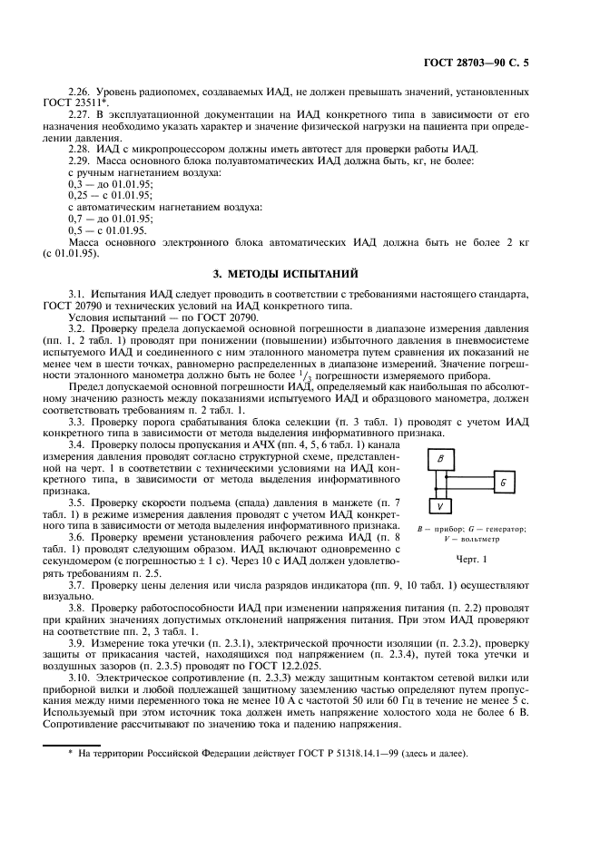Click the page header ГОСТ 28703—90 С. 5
488,63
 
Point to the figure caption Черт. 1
472,558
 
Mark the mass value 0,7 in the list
75,219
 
